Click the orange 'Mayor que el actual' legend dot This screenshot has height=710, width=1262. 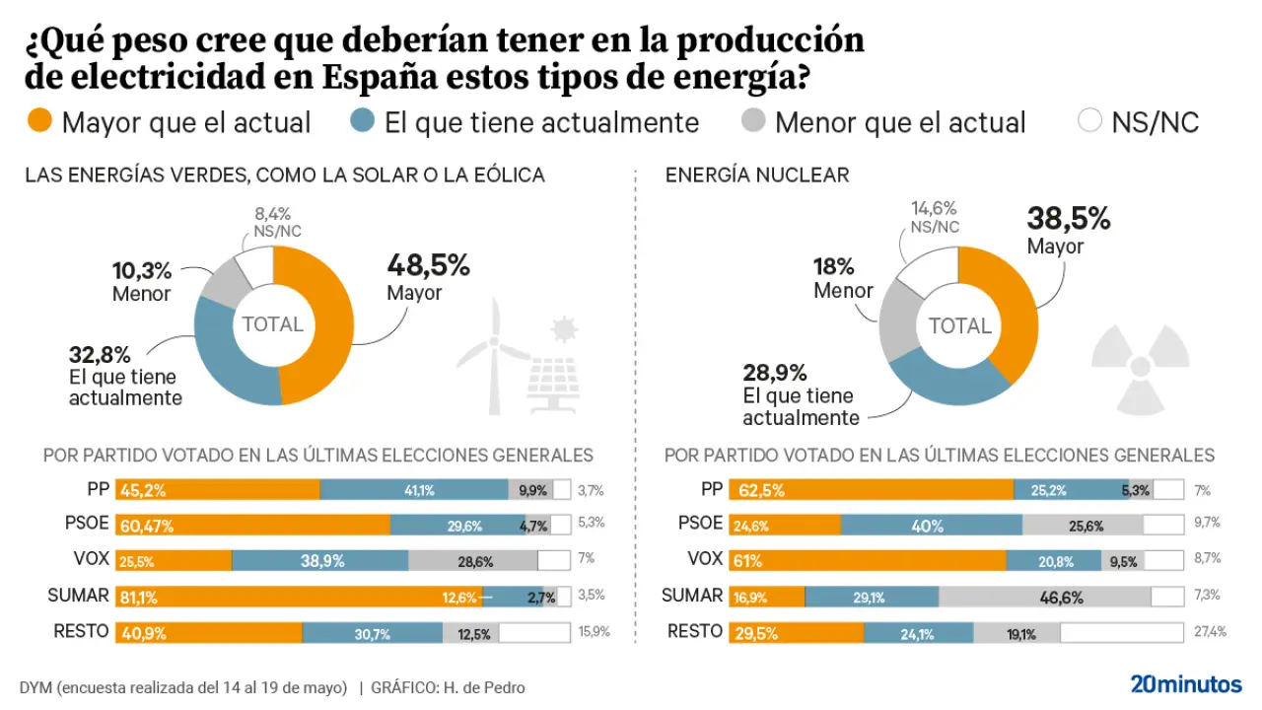[x=38, y=122]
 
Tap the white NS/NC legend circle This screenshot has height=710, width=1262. [x=1089, y=122]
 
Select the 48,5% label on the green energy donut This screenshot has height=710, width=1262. [x=428, y=266]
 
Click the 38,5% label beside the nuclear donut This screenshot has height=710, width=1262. [x=1068, y=219]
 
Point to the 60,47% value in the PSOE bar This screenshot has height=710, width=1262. [x=147, y=526]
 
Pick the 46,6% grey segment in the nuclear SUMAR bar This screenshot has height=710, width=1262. [x=1044, y=597]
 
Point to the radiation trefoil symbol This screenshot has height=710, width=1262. [x=1140, y=367]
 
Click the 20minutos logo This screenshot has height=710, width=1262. [x=1185, y=684]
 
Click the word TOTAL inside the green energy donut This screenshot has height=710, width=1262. [x=273, y=324]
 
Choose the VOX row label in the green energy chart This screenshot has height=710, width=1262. [x=91, y=559]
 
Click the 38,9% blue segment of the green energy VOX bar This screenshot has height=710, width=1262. [x=319, y=560]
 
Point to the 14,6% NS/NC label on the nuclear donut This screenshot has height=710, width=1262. [x=935, y=208]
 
